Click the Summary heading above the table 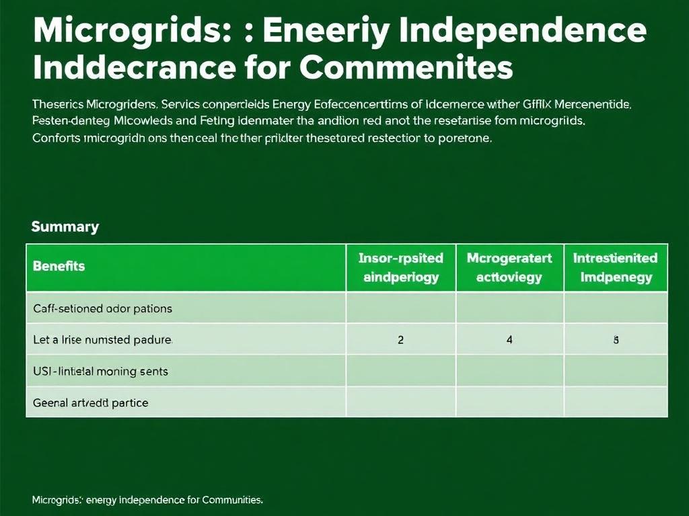(x=65, y=226)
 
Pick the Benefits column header (x=59, y=266)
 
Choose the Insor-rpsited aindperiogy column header (x=401, y=267)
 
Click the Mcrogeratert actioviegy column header (x=509, y=267)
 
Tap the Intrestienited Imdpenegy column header (x=615, y=267)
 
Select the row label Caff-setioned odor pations (x=102, y=309)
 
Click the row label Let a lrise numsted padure (x=102, y=340)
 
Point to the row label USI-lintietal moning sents (x=100, y=371)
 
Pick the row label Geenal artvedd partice (x=90, y=402)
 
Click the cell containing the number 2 (x=401, y=340)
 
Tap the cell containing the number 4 (x=509, y=340)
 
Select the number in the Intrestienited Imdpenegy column (x=615, y=340)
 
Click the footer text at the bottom (x=147, y=500)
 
